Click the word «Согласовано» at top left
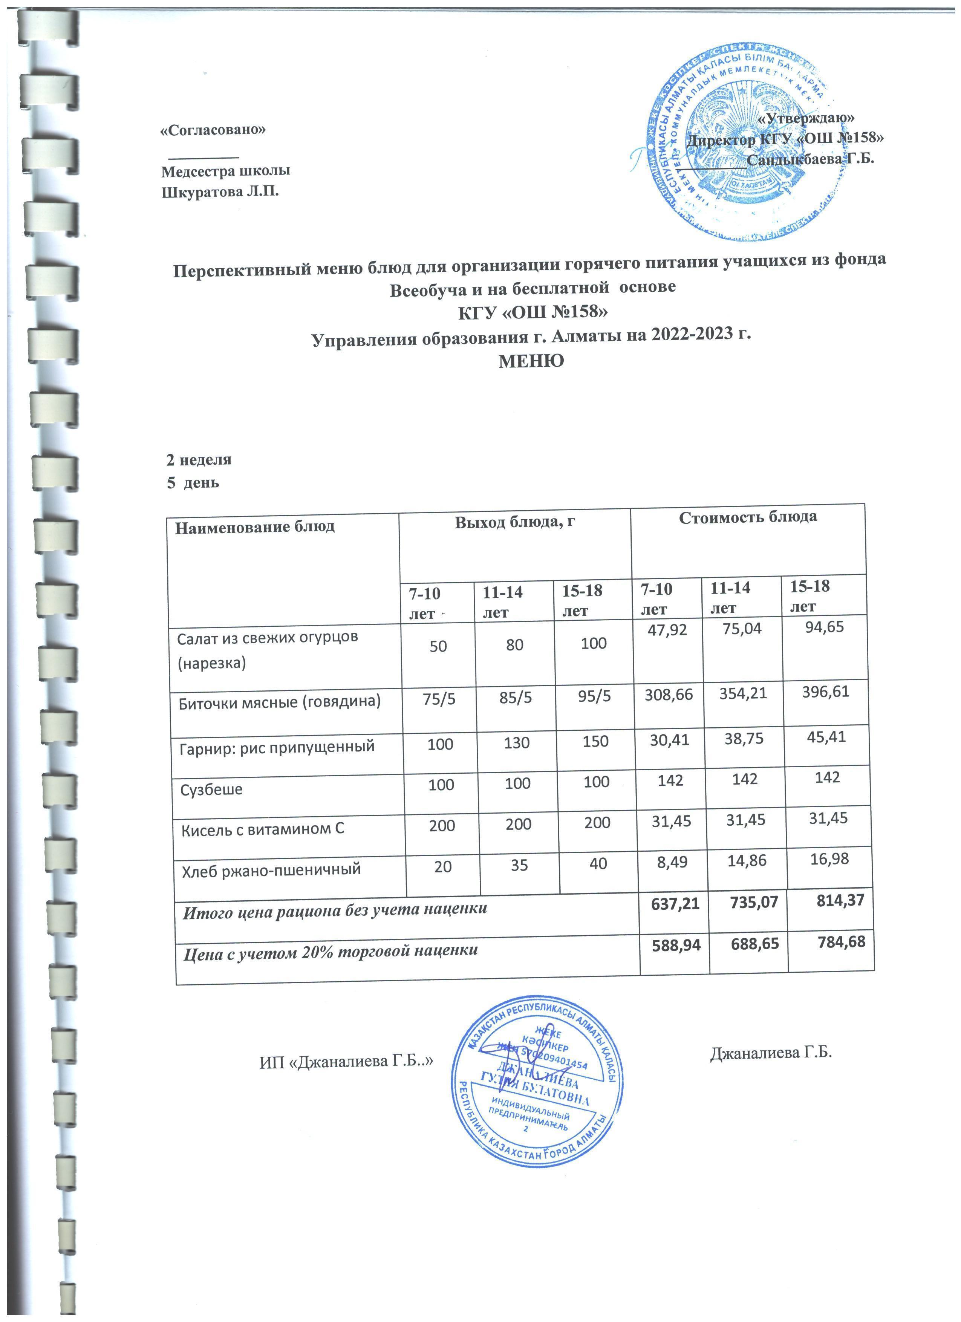tap(213, 129)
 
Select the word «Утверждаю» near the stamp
tap(808, 117)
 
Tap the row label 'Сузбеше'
tap(211, 790)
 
